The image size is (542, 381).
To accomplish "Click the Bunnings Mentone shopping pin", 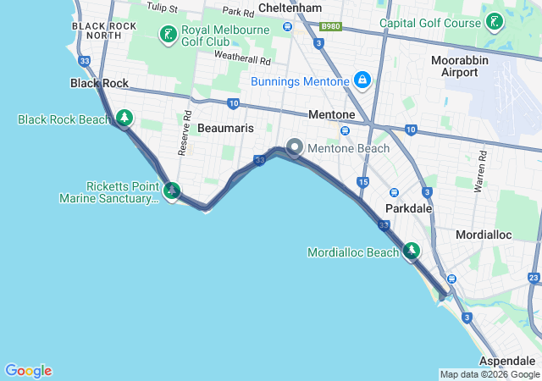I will point(362,80).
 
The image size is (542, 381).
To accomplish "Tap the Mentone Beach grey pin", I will point(295,147).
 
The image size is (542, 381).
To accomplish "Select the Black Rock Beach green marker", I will point(124,118).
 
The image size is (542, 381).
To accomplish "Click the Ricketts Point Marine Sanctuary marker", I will point(172,191).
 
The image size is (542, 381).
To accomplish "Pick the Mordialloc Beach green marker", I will point(412,251).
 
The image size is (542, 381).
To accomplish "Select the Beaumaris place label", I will point(224,128).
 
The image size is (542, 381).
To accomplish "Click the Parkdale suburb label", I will point(409,208).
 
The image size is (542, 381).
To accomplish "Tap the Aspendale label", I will point(507,361).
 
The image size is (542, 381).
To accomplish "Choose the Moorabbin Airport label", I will point(459,67).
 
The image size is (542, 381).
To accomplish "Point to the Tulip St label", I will point(162,8).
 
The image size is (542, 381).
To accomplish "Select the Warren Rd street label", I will point(482,168).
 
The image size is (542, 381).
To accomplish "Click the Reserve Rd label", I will point(183,132).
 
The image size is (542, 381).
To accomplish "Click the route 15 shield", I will point(362,182).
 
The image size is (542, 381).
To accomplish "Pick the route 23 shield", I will point(534,277).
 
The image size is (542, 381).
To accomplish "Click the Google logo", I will point(29,371).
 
